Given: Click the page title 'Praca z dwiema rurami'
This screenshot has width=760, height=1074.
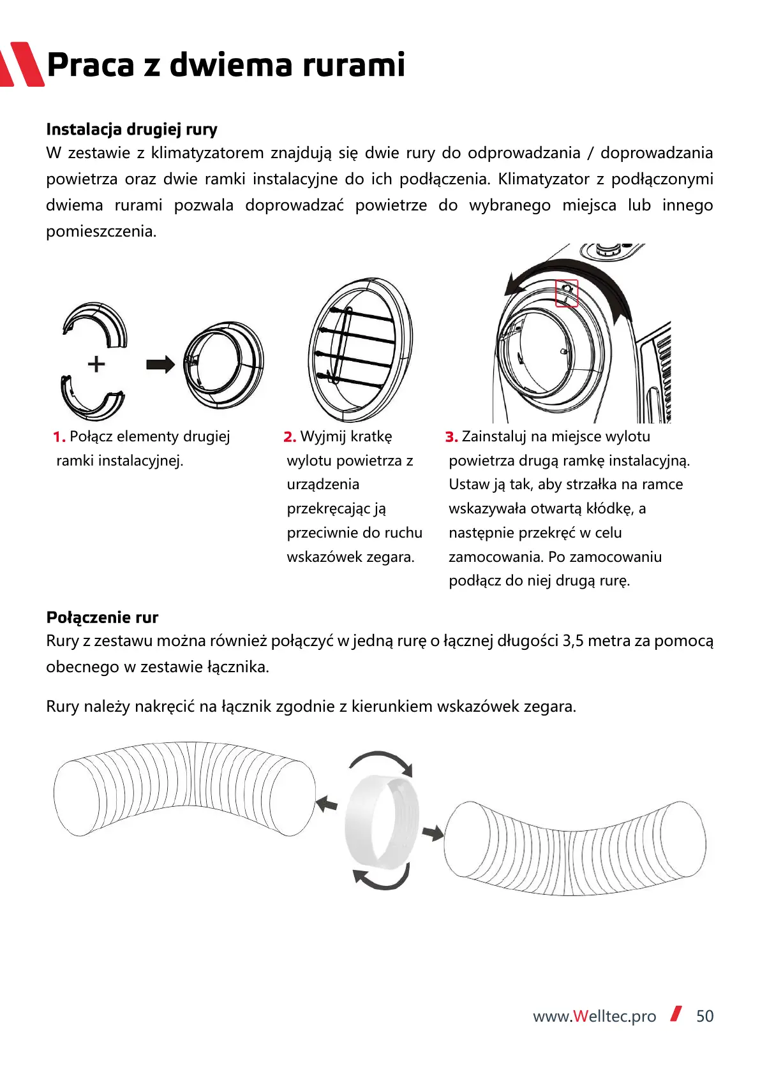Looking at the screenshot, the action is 226,64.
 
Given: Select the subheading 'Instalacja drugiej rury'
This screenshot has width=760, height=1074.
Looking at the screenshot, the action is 131,129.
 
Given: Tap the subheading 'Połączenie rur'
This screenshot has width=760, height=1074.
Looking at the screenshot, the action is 102,617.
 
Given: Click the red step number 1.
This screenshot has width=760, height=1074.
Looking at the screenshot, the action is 59,437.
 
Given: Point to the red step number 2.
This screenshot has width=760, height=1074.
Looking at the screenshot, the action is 290,437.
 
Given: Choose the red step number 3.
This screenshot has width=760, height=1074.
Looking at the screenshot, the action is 452,437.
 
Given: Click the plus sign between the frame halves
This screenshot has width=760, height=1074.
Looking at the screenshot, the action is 96,364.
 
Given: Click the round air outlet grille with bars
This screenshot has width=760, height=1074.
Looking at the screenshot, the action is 361,350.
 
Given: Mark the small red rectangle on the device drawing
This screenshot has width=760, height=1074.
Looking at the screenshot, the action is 567,293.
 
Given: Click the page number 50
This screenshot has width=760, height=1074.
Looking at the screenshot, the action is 705,1016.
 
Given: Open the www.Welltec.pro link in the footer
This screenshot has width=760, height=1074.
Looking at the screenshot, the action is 595,1017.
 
